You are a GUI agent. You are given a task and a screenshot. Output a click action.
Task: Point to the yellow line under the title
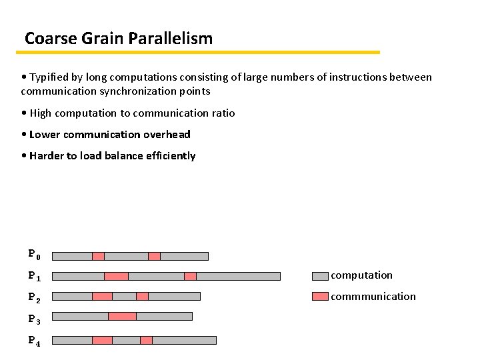pos(200,52)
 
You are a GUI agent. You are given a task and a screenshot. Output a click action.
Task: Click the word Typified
pos(51,77)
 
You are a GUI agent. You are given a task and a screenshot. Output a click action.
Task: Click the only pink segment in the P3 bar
pos(122,316)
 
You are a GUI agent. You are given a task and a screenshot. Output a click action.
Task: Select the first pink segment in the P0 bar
pos(98,256)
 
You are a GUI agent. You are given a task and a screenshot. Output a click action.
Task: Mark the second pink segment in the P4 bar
pos(146,340)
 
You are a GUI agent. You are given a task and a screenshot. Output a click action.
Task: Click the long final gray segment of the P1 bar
pos(238,276)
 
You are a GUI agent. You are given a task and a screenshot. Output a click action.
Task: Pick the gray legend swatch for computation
pos(320,275)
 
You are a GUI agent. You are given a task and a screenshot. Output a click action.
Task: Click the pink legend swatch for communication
pos(320,297)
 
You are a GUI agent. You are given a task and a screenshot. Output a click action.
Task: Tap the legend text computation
pos(362,275)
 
